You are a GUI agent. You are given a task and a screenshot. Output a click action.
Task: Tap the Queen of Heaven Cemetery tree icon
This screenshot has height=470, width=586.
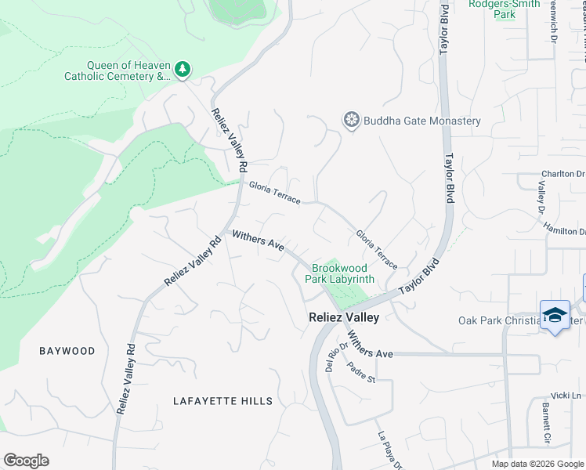(183, 70)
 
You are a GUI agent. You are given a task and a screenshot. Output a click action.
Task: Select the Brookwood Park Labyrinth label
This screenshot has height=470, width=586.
(339, 273)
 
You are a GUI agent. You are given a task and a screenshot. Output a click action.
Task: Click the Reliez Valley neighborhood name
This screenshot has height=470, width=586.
(342, 317)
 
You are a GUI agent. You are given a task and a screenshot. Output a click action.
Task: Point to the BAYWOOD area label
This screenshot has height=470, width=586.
(67, 351)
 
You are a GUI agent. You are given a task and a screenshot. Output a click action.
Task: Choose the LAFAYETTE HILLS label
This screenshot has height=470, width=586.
(223, 401)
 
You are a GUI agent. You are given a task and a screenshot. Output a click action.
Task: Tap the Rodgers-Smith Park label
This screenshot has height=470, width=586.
(505, 9)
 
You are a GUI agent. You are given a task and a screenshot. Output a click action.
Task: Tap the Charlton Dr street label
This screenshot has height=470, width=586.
(563, 174)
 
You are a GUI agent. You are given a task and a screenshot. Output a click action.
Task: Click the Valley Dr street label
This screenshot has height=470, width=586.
(541, 197)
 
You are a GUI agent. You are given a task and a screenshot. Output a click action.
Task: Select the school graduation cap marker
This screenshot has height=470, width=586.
(555, 315)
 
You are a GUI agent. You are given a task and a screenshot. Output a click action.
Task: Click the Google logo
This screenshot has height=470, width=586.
(26, 461)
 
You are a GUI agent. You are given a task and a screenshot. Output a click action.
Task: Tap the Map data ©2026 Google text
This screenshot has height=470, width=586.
(537, 464)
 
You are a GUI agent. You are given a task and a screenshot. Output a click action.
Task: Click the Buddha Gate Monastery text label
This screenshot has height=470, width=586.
(422, 121)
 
